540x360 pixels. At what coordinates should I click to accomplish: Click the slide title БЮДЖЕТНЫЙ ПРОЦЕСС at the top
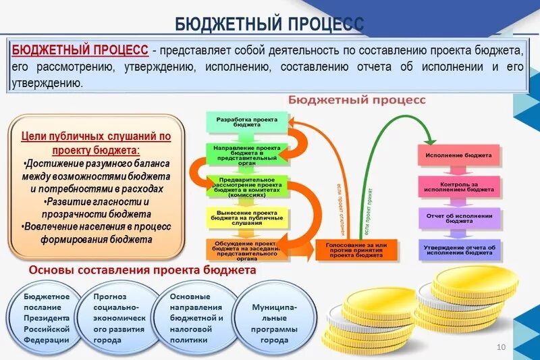(x=269, y=24)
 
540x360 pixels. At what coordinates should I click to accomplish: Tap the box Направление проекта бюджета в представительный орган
(x=247, y=153)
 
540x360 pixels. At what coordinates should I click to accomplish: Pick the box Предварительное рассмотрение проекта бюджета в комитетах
(x=247, y=185)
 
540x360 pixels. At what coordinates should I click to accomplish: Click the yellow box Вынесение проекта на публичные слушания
(x=247, y=216)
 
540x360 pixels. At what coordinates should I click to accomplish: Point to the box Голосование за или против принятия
(x=357, y=250)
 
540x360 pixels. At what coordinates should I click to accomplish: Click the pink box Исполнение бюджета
(x=459, y=155)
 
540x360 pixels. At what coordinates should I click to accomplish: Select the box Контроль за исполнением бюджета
(x=459, y=186)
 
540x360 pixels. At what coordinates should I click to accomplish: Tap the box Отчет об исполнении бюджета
(x=459, y=217)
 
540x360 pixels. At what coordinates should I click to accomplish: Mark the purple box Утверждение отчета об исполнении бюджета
(x=459, y=250)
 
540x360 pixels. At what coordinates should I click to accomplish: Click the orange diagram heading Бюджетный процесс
(x=357, y=100)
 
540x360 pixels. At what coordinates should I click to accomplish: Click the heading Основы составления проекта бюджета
(x=142, y=270)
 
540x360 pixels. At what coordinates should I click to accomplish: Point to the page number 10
(x=501, y=346)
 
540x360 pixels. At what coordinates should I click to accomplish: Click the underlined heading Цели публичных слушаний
(x=96, y=142)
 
